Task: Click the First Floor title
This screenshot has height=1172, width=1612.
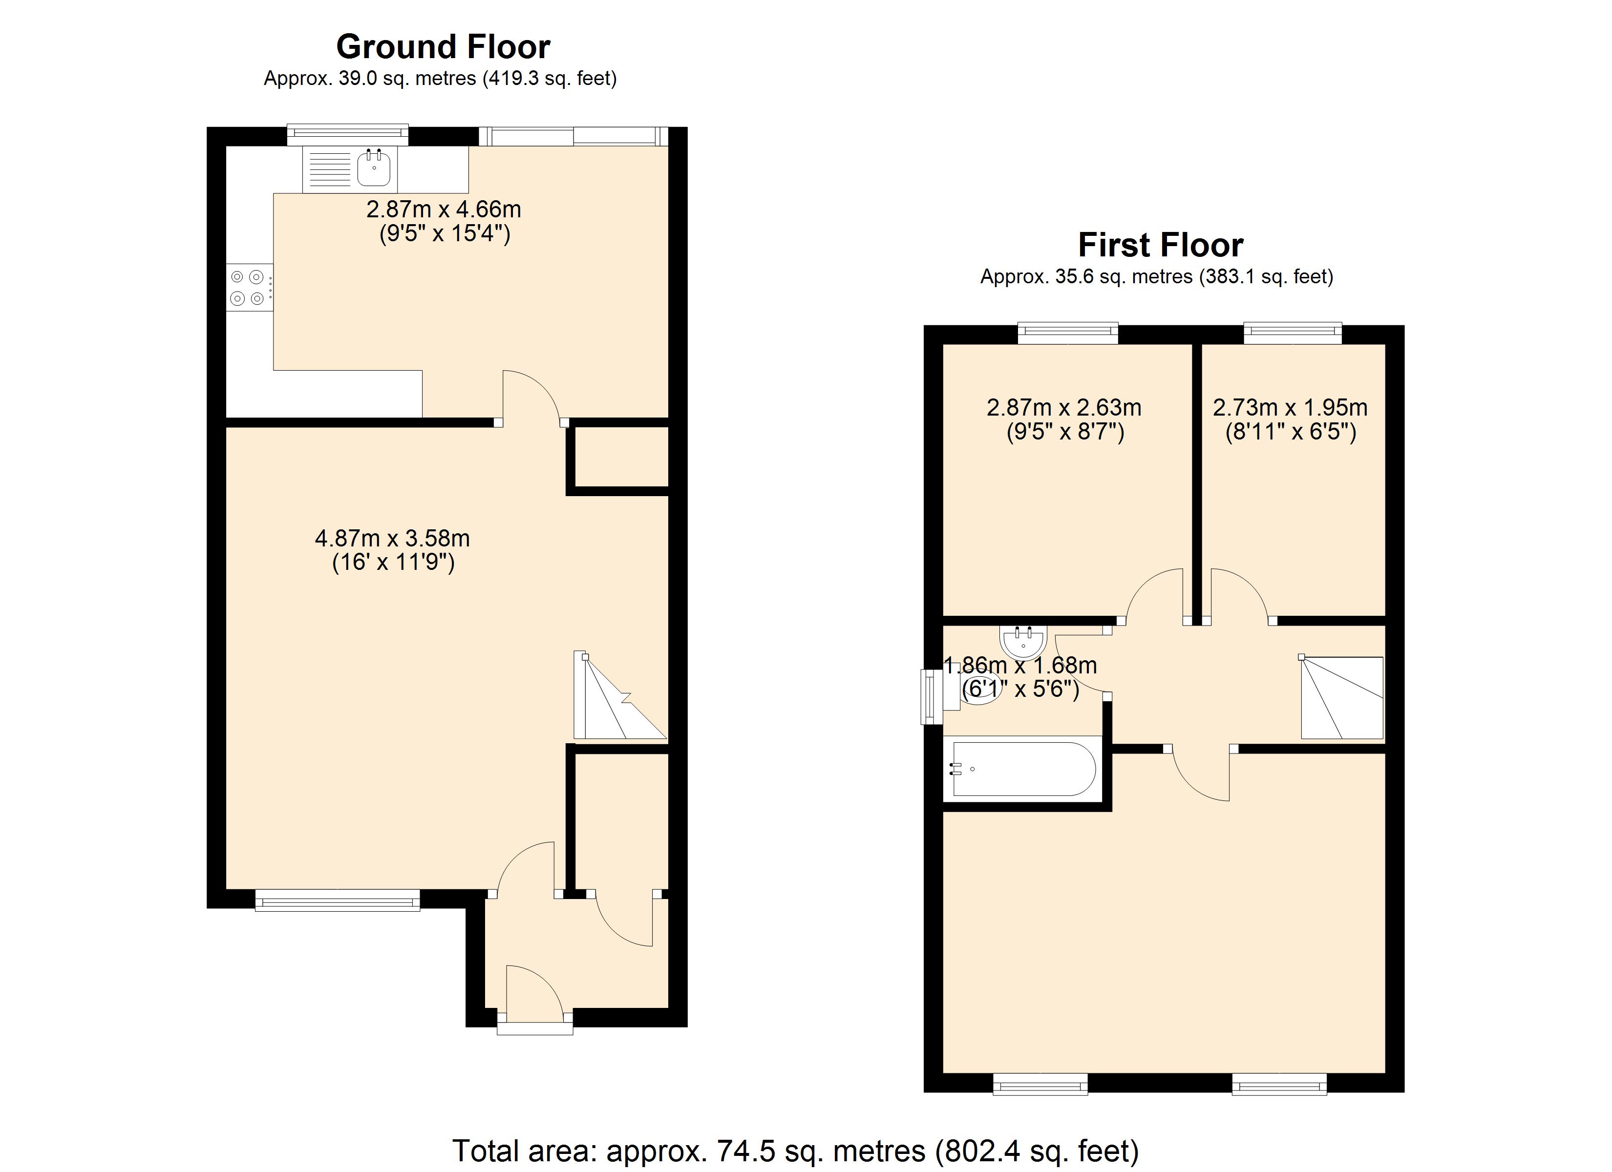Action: click(x=1160, y=245)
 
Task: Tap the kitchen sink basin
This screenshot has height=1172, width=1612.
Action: click(x=374, y=169)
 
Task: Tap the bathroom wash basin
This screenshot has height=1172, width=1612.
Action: click(x=1023, y=641)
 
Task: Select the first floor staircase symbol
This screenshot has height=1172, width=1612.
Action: click(x=1342, y=698)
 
